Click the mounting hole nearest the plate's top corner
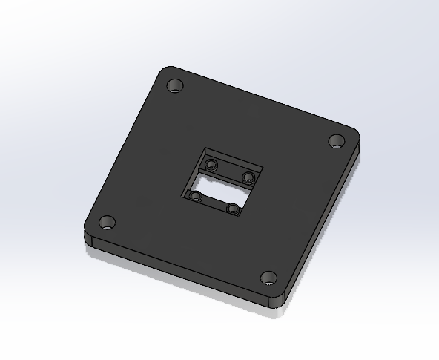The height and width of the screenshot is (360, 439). (x=176, y=87)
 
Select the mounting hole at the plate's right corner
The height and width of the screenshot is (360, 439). (x=337, y=140)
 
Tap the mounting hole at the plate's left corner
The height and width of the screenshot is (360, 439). (x=108, y=223)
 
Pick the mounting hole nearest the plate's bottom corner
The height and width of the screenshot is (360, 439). (x=268, y=279)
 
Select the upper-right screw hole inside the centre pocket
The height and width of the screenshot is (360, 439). (x=248, y=177)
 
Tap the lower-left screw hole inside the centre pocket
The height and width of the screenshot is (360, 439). (x=197, y=197)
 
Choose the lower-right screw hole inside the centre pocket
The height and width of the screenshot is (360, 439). (x=233, y=210)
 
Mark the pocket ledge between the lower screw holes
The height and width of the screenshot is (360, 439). (x=214, y=204)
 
